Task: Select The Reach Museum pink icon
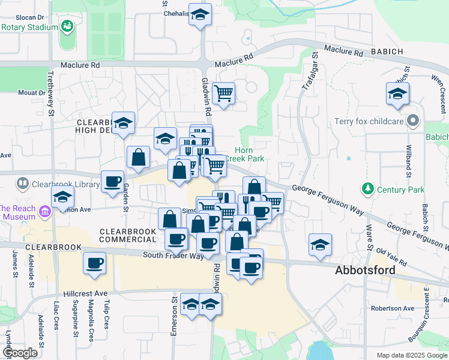tap(44, 211)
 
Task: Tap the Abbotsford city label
tap(364, 271)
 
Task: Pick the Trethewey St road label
tap(50, 90)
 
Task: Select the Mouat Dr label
tap(31, 92)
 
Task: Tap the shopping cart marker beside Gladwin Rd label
tap(223, 93)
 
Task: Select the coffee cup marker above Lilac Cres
tap(94, 262)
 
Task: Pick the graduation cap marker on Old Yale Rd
tap(321, 244)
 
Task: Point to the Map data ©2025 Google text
tap(411, 355)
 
